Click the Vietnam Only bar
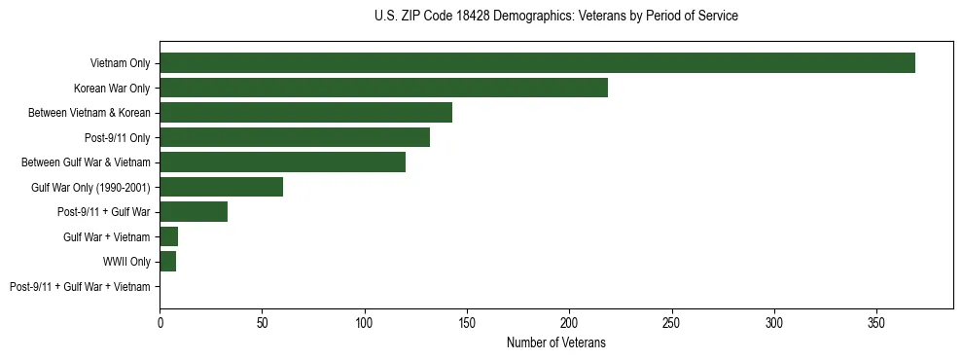pos(537,63)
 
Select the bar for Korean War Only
pos(383,88)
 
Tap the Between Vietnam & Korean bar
pos(305,113)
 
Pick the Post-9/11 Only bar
pos(295,137)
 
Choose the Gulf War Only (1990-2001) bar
pos(221,187)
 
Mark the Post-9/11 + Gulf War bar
pos(194,212)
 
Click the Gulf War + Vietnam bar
pos(168,236)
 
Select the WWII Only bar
pos(167,262)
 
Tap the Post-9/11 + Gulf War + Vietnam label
pos(80,287)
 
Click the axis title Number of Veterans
pos(555,342)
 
